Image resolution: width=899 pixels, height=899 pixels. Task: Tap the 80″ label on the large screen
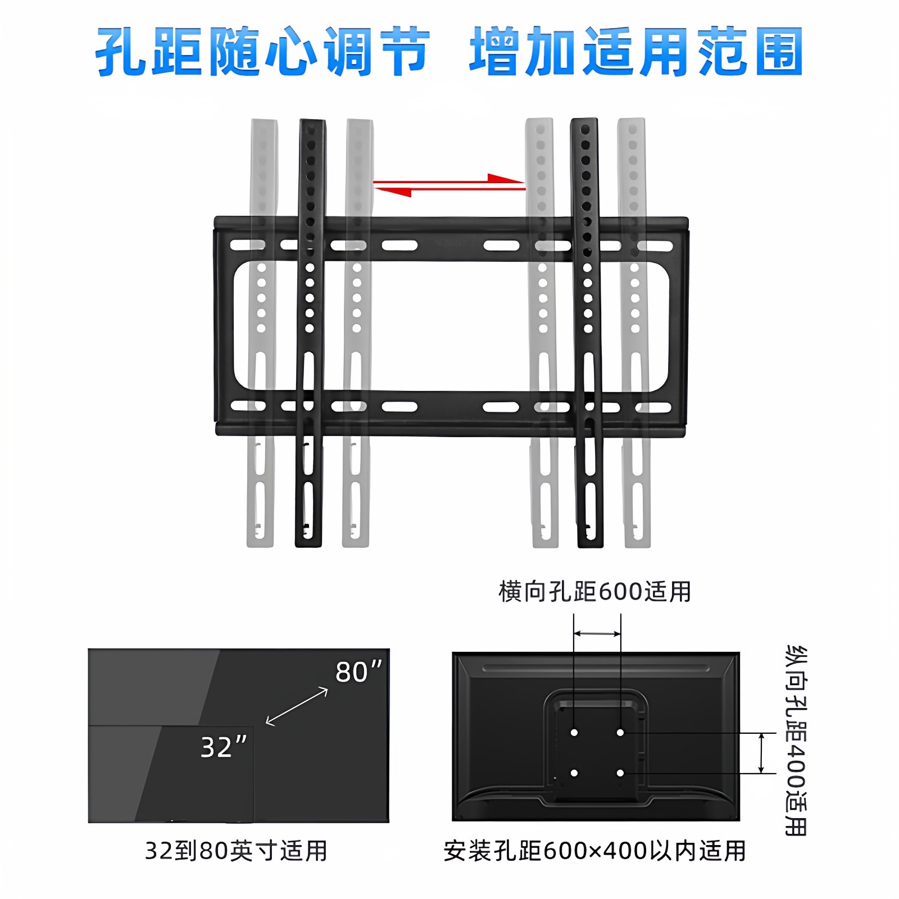(358, 672)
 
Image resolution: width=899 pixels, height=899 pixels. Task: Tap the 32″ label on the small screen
(223, 747)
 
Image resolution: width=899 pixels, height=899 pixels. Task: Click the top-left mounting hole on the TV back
(574, 733)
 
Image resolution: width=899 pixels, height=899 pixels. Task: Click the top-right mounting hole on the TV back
(620, 733)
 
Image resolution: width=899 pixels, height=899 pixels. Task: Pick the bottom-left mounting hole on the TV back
(574, 773)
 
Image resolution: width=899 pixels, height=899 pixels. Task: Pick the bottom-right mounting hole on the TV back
(620, 773)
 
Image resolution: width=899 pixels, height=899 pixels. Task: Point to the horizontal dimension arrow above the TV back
(597, 634)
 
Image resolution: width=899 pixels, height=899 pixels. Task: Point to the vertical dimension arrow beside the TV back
(761, 753)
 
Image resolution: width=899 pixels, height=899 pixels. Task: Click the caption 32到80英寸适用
(236, 851)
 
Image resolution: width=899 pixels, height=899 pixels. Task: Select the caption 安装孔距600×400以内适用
(594, 851)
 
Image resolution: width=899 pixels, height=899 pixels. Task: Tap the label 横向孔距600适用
(594, 592)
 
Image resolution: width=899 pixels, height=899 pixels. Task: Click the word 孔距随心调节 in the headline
(262, 52)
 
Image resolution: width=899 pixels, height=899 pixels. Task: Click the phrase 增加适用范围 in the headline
(636, 52)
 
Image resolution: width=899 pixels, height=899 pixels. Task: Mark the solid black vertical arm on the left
(310, 337)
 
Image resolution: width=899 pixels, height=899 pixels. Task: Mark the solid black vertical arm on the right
(587, 337)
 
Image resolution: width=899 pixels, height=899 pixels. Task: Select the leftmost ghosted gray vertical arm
(261, 337)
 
